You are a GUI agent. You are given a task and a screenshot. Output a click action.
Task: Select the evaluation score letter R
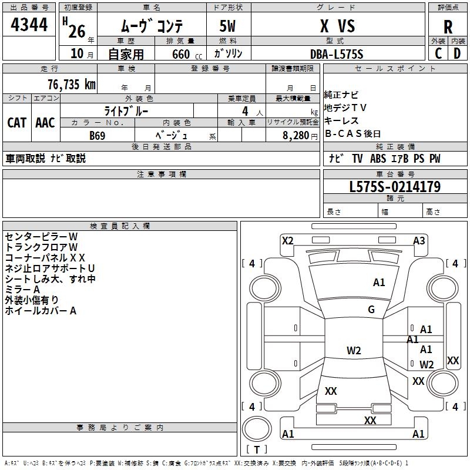(x=448, y=26)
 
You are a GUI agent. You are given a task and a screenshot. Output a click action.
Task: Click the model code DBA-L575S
(x=337, y=54)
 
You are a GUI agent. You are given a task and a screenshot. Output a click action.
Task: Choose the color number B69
(x=98, y=135)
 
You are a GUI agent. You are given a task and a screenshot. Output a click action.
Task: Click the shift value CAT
(x=17, y=122)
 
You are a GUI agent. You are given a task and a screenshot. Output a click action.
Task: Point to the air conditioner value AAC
(x=45, y=122)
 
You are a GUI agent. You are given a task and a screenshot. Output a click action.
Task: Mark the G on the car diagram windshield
(x=371, y=310)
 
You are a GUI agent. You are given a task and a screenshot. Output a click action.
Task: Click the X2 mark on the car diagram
(x=287, y=240)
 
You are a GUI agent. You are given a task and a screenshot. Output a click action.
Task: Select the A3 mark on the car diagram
(x=419, y=240)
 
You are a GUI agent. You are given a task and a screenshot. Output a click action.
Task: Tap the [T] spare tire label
(x=257, y=450)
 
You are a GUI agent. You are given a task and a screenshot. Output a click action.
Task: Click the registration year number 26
(x=77, y=30)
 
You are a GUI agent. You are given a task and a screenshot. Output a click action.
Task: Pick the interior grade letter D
(x=457, y=53)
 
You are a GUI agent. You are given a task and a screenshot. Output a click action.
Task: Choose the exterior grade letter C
(x=438, y=53)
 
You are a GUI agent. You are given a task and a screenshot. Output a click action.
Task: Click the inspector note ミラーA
(x=22, y=290)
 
